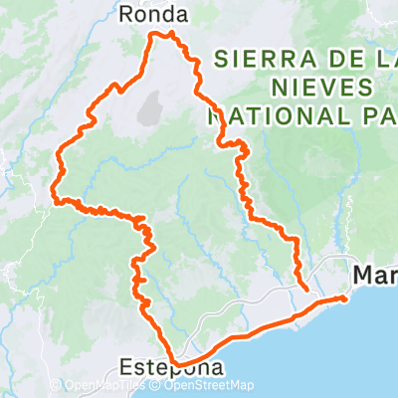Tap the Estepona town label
(171, 368)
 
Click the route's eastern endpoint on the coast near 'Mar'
(343, 298)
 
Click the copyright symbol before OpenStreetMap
(158, 386)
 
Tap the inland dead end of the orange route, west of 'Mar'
(303, 290)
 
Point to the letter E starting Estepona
(123, 368)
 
